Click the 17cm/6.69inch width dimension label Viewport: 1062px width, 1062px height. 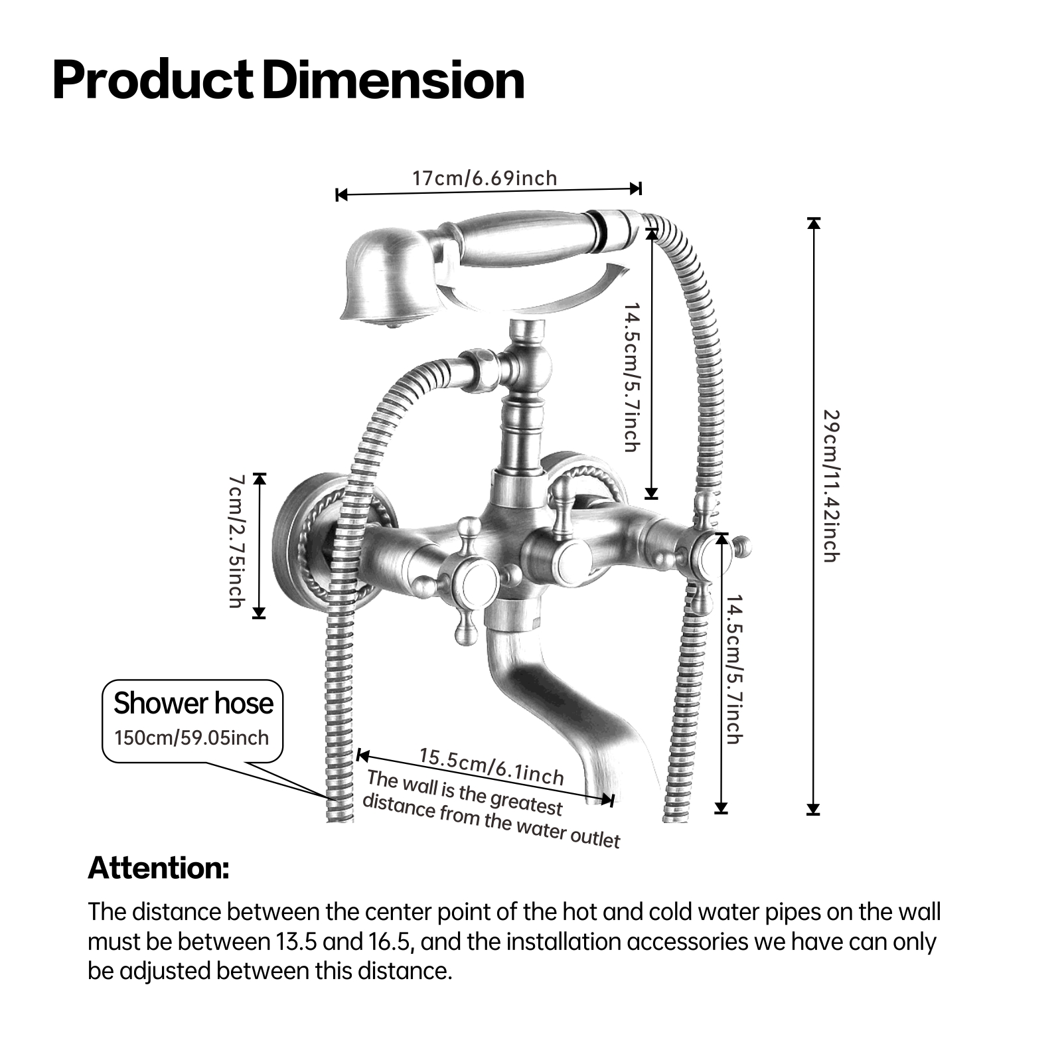coord(485,178)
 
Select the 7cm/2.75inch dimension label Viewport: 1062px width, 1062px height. coord(236,540)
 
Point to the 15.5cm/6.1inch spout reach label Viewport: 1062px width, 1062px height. coord(491,767)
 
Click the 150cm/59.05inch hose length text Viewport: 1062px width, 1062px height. coord(192,737)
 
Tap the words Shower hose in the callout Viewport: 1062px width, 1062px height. coord(193,703)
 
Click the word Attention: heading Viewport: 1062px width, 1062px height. coord(159,868)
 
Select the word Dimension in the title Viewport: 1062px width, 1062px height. coord(394,80)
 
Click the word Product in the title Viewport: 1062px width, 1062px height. coord(152,80)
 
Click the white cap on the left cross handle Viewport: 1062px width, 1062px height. coord(477,579)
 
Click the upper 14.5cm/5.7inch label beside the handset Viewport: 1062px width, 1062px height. coord(631,378)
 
